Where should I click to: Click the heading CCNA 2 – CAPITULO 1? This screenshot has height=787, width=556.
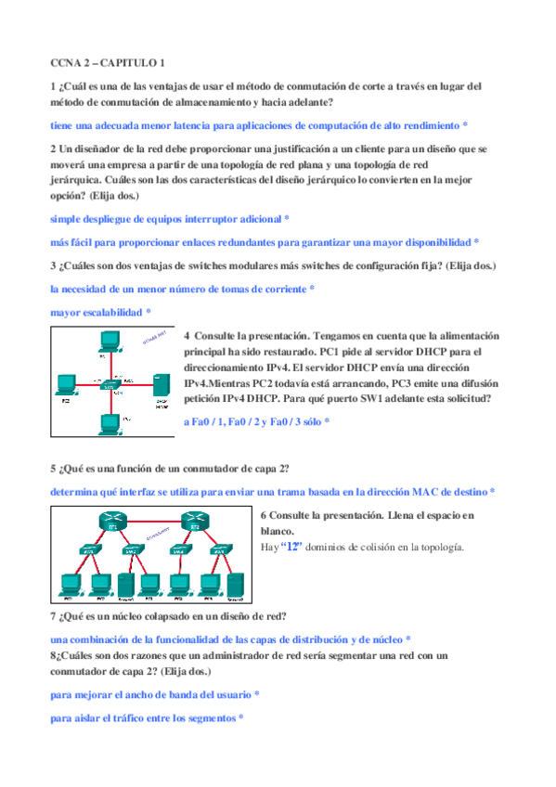coord(107,63)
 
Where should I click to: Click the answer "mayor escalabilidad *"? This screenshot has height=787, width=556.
coord(100,313)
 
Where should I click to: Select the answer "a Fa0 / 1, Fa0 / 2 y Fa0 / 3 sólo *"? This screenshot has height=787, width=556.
coord(256,420)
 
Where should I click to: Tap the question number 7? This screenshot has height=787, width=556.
coord(53,616)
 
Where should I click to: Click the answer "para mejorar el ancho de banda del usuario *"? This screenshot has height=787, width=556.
coord(154,694)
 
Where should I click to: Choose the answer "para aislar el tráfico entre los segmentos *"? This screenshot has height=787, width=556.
coord(147,717)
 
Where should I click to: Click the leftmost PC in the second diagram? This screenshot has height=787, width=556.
coord(67,584)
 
